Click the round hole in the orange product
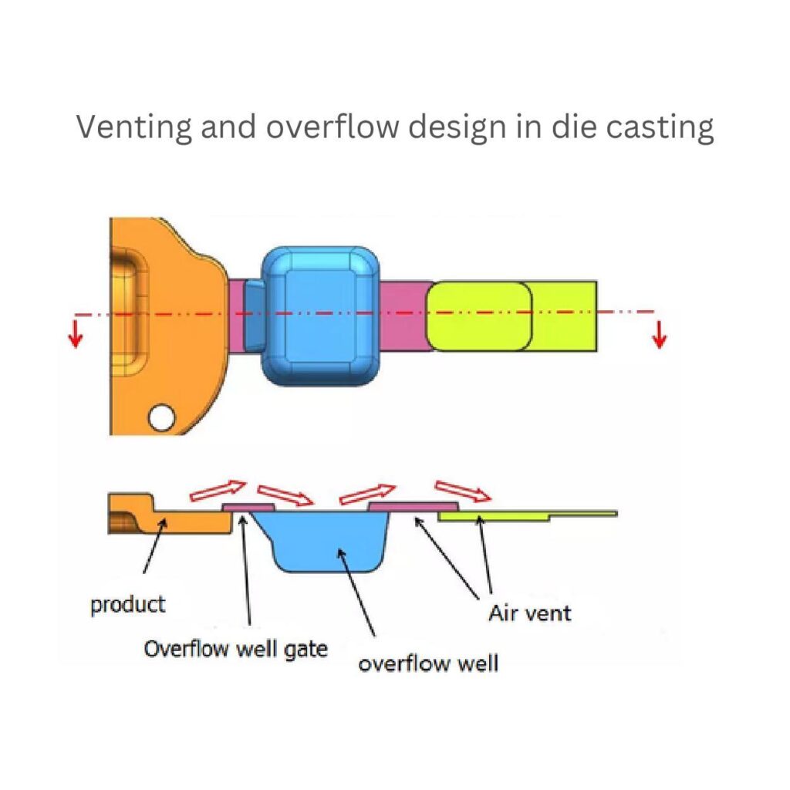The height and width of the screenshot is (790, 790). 163,418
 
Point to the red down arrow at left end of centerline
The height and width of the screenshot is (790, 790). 75,334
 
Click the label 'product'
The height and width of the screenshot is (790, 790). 127,604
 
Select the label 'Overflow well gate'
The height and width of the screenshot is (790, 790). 235,649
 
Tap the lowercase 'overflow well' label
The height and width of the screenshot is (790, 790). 428,662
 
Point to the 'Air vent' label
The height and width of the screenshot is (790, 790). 530,613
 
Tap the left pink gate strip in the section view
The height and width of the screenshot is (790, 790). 248,507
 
